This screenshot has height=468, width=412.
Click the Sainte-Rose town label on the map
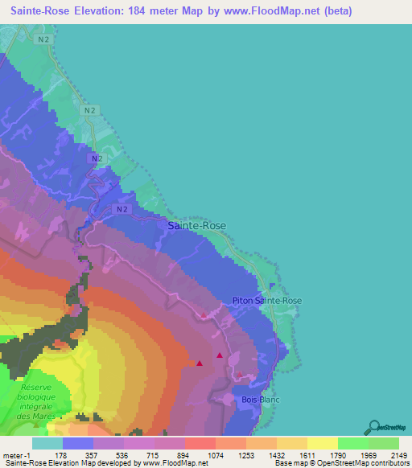197,227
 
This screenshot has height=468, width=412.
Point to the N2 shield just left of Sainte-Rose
121,209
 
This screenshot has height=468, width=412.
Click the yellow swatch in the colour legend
322,443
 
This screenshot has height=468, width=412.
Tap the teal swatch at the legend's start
47,443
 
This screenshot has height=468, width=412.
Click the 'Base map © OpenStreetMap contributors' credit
341,463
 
